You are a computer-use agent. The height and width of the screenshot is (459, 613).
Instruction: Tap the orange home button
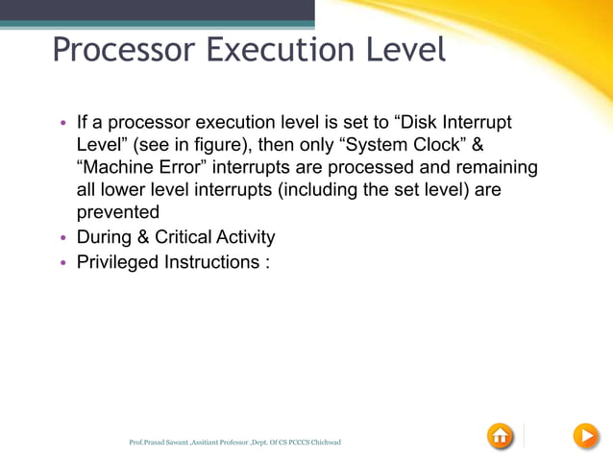[x=501, y=436]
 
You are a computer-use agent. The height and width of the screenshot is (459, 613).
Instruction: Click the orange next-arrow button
[x=585, y=436]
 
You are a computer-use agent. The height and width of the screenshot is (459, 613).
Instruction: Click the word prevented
[x=118, y=213]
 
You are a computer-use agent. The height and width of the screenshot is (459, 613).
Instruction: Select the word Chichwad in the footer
[x=322, y=443]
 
